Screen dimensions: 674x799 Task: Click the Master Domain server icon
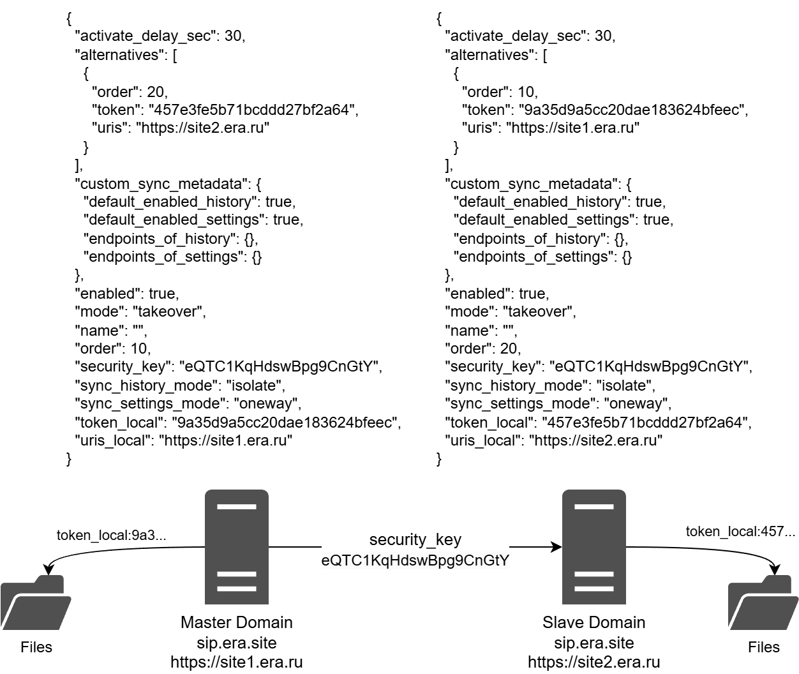click(x=236, y=546)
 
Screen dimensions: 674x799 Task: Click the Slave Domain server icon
click(x=594, y=546)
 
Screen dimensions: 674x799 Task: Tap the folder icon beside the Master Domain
click(x=36, y=603)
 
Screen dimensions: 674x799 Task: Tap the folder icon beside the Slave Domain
click(x=763, y=603)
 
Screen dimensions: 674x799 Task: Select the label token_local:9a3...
click(x=112, y=535)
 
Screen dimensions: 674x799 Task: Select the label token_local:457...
click(x=740, y=532)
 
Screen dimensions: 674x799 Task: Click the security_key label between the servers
click(x=415, y=539)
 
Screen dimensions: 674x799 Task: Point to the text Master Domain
click(x=236, y=622)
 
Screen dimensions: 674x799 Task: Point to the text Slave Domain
click(x=594, y=622)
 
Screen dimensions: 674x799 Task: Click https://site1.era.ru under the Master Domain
click(x=236, y=662)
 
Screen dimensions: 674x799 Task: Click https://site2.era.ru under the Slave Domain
click(x=594, y=662)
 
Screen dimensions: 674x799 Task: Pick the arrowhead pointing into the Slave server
click(x=556, y=547)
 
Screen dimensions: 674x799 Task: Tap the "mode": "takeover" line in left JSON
click(x=141, y=311)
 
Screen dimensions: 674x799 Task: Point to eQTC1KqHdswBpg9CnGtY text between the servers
click(x=415, y=560)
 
